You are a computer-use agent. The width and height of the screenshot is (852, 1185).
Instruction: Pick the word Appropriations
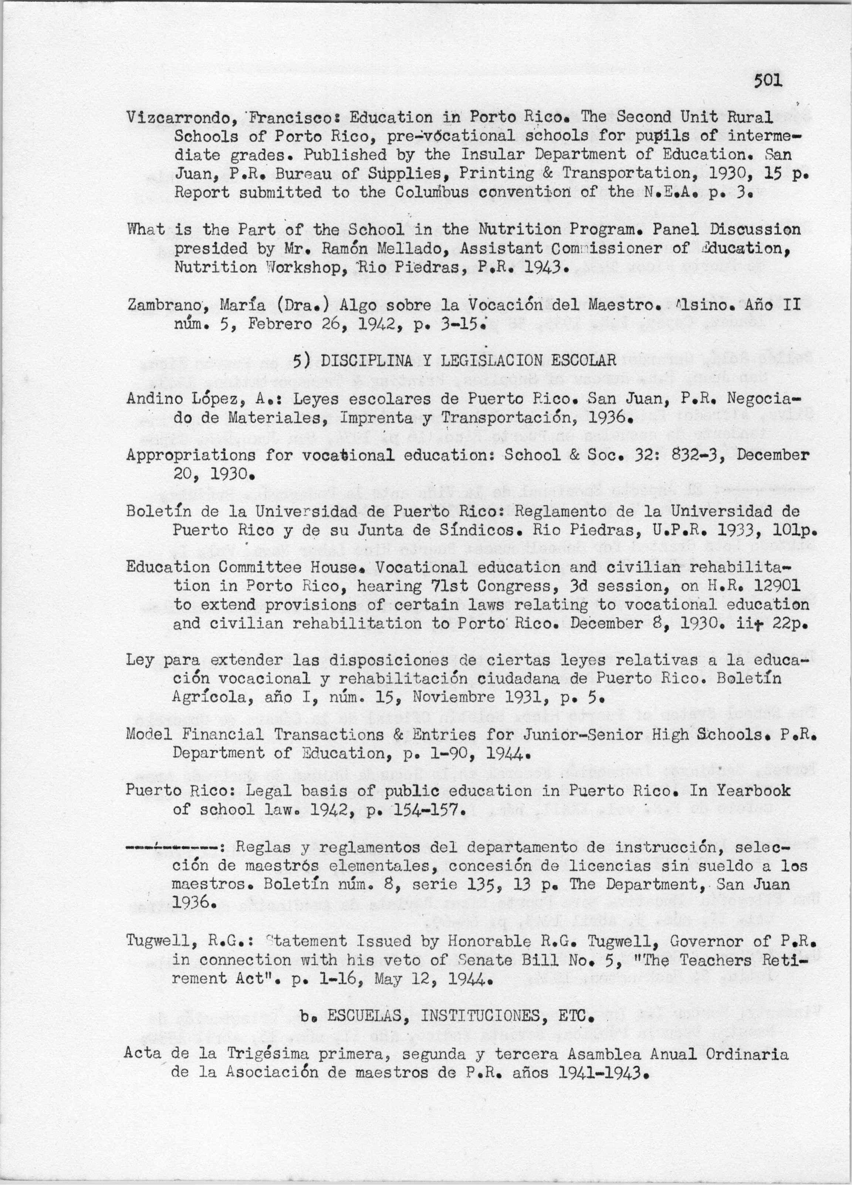[191, 455]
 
